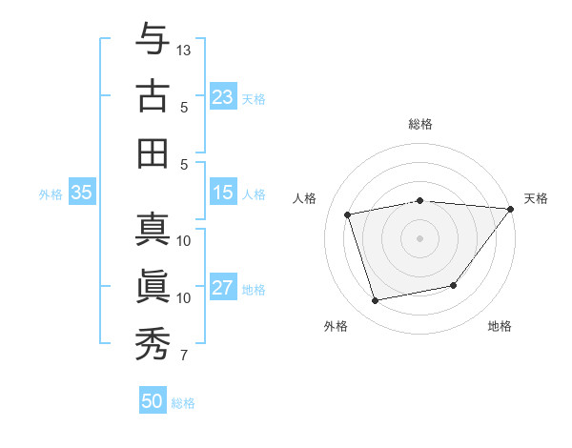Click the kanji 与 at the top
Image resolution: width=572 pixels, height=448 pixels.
[153, 40]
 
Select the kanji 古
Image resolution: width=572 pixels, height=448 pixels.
[153, 96]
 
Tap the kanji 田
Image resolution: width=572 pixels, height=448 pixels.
[153, 153]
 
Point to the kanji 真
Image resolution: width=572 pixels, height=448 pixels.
[153, 230]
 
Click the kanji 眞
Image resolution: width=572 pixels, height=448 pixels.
[153, 287]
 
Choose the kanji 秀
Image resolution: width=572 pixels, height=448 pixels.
[153, 344]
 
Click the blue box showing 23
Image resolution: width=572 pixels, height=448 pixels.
[223, 96]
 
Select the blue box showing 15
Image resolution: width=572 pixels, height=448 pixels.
[223, 193]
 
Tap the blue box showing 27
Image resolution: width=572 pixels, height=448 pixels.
[223, 288]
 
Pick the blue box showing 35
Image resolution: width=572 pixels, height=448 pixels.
[82, 193]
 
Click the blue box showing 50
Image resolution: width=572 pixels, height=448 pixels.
[153, 401]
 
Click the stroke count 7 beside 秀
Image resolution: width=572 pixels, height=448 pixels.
[184, 356]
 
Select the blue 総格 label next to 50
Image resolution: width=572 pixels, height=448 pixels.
[183, 403]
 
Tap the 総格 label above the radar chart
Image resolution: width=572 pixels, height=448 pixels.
[419, 124]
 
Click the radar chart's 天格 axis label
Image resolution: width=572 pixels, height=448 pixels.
[536, 198]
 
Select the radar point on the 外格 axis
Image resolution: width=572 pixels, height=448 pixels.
[376, 300]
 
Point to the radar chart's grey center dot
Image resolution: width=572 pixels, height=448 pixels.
[419, 237]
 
